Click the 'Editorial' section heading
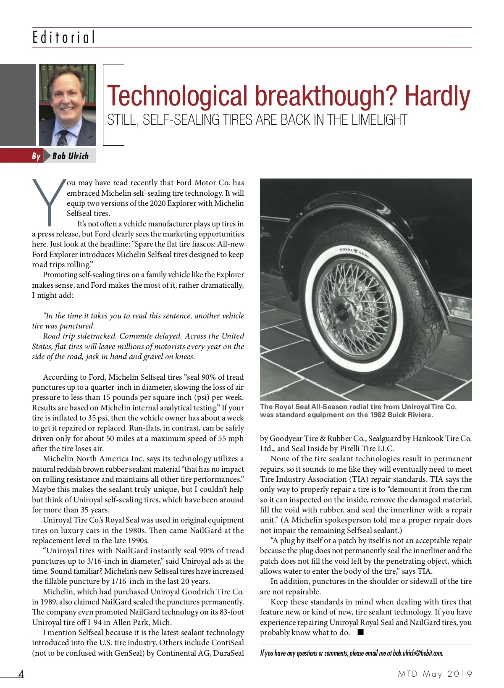[x=64, y=37]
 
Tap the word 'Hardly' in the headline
[x=437, y=96]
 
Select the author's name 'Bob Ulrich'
[x=71, y=156]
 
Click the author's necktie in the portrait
[x=63, y=137]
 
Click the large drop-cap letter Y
[x=49, y=201]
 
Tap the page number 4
[x=21, y=674]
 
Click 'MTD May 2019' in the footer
[x=435, y=674]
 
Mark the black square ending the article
[x=360, y=633]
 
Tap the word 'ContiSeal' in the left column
[x=227, y=643]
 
